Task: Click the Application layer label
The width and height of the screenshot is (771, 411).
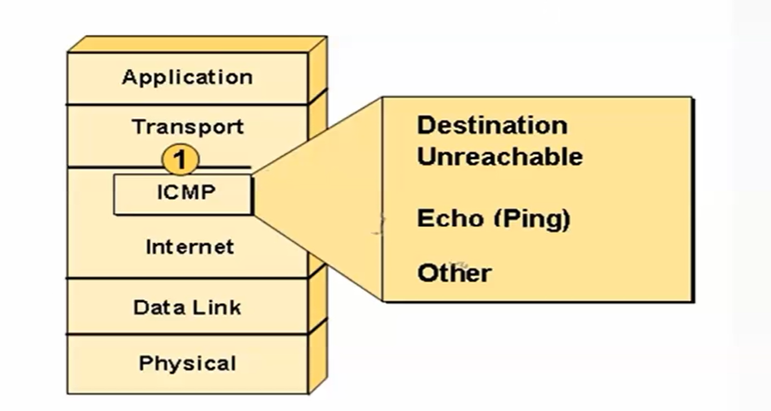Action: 187,77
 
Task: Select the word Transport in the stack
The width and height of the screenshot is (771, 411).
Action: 187,126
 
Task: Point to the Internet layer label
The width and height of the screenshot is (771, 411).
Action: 190,246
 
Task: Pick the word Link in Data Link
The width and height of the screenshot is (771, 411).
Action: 217,307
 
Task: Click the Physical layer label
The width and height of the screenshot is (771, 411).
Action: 187,363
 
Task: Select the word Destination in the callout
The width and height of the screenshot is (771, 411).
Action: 492,126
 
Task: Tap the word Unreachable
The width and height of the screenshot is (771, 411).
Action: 500,156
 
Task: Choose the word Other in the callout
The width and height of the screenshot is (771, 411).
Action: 454,273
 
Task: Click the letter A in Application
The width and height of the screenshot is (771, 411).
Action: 130,77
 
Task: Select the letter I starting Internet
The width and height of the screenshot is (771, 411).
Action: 149,246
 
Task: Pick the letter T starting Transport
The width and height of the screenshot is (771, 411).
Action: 138,126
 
